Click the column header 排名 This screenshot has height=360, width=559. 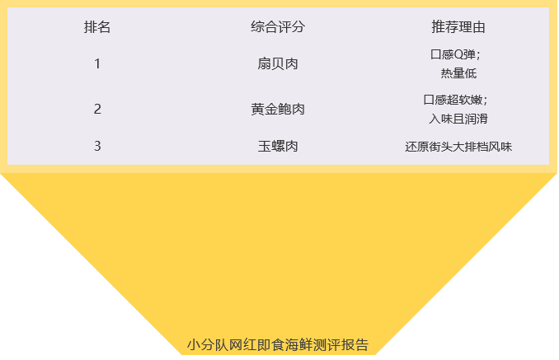pos(97,27)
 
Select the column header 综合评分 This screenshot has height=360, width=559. pos(278,27)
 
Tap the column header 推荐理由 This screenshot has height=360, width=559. pos(458,27)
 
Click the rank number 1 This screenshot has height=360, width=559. pos(97,63)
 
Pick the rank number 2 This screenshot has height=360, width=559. pos(97,109)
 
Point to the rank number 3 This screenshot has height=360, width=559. pos(97,147)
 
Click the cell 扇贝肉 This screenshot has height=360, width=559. pos(278,63)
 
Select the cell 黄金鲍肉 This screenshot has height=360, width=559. pos(278,109)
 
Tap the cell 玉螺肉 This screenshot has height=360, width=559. pos(278,147)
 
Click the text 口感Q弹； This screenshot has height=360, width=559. pos(455,55)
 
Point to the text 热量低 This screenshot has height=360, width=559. pos(458,73)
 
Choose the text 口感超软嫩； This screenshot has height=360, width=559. pos(455,100)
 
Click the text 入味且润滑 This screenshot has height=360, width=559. pos(458,119)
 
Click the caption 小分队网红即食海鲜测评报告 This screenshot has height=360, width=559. pos(278,344)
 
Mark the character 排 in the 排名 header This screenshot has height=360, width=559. pos(91,27)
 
